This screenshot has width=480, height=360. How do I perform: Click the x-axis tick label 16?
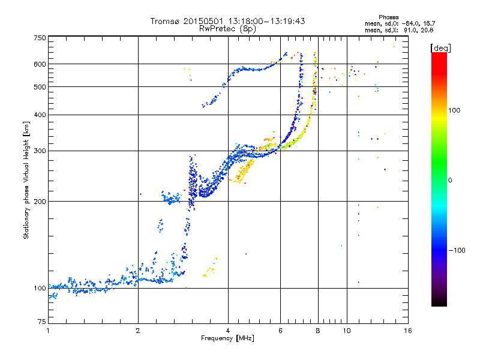tap(407, 331)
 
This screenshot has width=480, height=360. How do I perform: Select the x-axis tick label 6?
tap(280, 331)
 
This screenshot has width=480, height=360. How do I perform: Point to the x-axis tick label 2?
tap(138, 331)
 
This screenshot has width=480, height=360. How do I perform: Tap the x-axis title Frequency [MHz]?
tap(227, 338)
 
